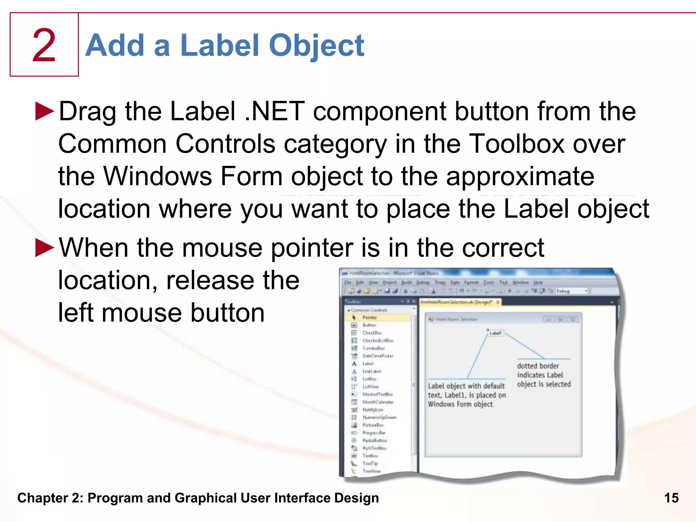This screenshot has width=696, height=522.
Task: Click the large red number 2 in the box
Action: click(44, 45)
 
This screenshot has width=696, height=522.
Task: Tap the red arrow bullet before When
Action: click(45, 247)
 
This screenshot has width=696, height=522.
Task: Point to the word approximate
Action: click(520, 177)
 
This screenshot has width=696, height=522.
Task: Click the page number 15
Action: click(671, 498)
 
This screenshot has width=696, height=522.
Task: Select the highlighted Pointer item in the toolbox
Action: click(369, 317)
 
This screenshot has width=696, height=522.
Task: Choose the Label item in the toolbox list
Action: click(368, 364)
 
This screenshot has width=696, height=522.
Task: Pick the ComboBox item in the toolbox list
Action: click(373, 348)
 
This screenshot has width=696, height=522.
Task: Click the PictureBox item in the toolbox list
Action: click(373, 425)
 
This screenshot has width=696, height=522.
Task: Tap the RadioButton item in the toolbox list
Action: click(375, 440)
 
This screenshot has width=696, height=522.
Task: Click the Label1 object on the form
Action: click(495, 333)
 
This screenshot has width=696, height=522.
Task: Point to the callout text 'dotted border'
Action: click(538, 366)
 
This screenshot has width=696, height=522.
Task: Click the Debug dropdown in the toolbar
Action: click(571, 291)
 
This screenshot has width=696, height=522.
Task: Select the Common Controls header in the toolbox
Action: click(369, 310)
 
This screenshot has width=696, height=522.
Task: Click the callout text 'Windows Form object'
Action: click(460, 404)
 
